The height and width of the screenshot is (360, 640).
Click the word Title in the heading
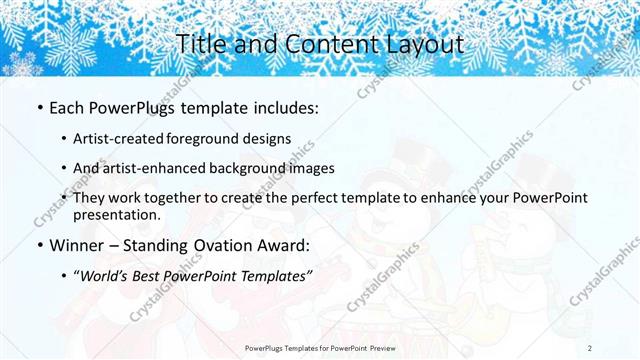point(198,44)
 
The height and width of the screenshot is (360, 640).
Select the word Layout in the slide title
point(422,44)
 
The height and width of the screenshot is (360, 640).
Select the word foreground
point(205,139)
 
